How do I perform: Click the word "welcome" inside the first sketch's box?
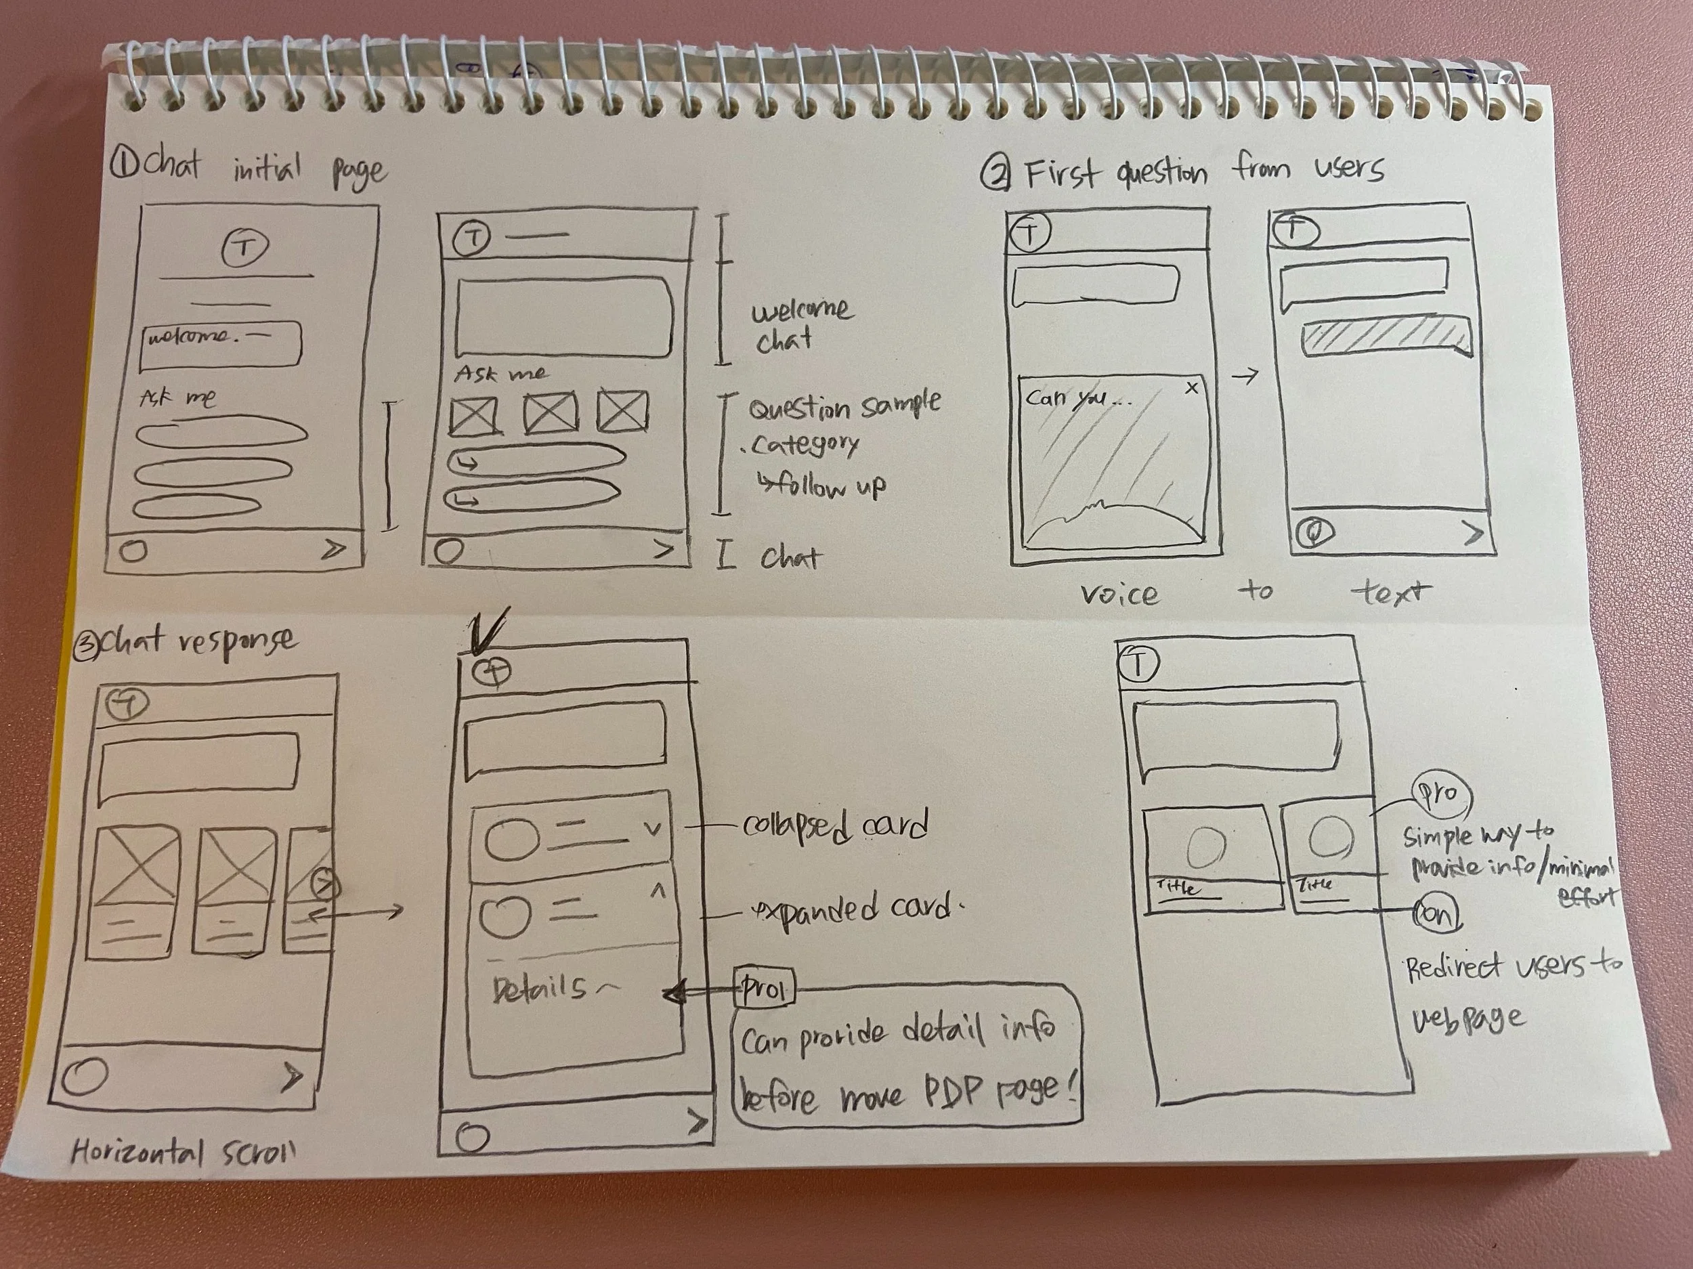click(x=188, y=336)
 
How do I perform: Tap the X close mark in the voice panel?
click(x=1191, y=388)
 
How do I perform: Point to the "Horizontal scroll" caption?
click(x=184, y=1151)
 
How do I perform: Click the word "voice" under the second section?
click(x=1119, y=595)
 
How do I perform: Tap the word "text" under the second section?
click(x=1390, y=593)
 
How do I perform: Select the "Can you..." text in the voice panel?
click(x=1076, y=399)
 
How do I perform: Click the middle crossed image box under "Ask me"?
click(x=551, y=414)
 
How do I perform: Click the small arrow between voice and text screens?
click(x=1246, y=376)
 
